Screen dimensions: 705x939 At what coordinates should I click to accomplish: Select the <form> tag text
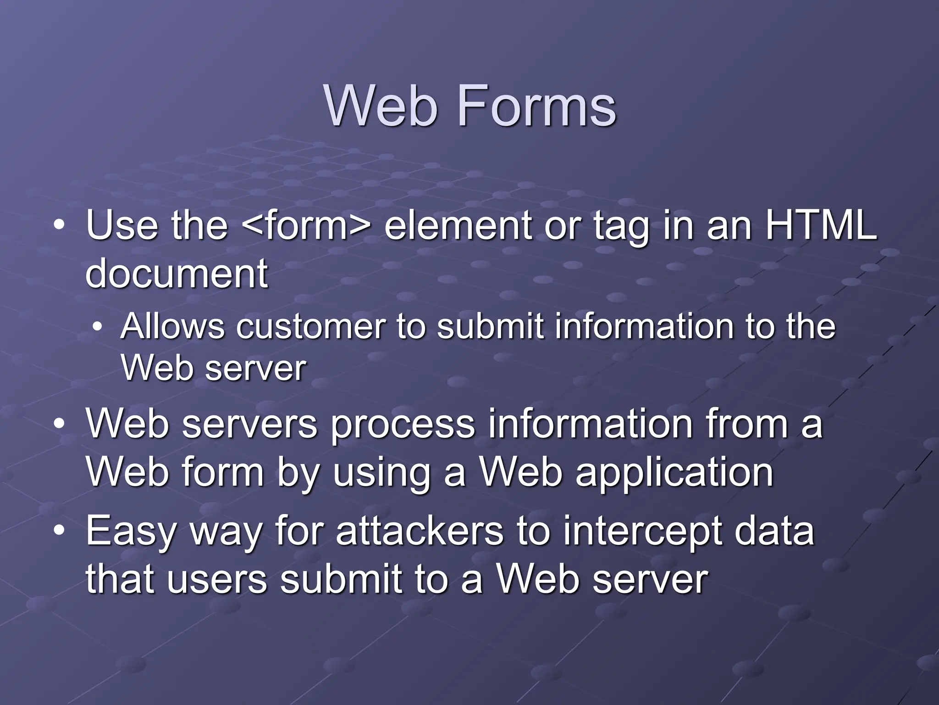305,225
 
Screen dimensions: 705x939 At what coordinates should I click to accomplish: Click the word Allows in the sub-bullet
173,326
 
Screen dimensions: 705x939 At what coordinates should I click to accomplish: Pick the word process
403,425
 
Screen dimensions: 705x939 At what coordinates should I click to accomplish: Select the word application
674,473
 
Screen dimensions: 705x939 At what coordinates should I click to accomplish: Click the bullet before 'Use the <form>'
59,225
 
